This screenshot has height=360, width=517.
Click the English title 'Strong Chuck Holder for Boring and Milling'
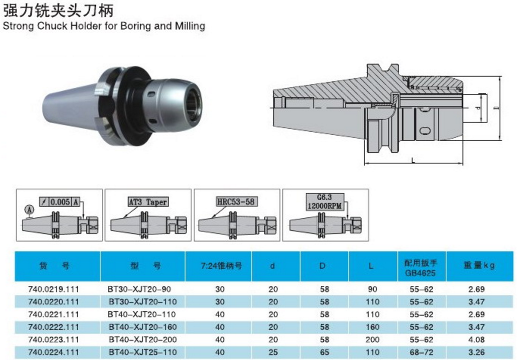[104, 26]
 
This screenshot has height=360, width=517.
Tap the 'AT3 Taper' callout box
[147, 202]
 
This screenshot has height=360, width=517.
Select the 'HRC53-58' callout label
[236, 202]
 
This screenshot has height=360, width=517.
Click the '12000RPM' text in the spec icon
[324, 206]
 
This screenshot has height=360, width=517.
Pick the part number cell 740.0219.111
[54, 289]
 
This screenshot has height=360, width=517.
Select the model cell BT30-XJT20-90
[140, 289]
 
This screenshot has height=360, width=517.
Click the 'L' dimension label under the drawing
[414, 160]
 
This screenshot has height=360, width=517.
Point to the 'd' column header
[272, 266]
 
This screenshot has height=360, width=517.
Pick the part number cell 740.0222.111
[54, 327]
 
